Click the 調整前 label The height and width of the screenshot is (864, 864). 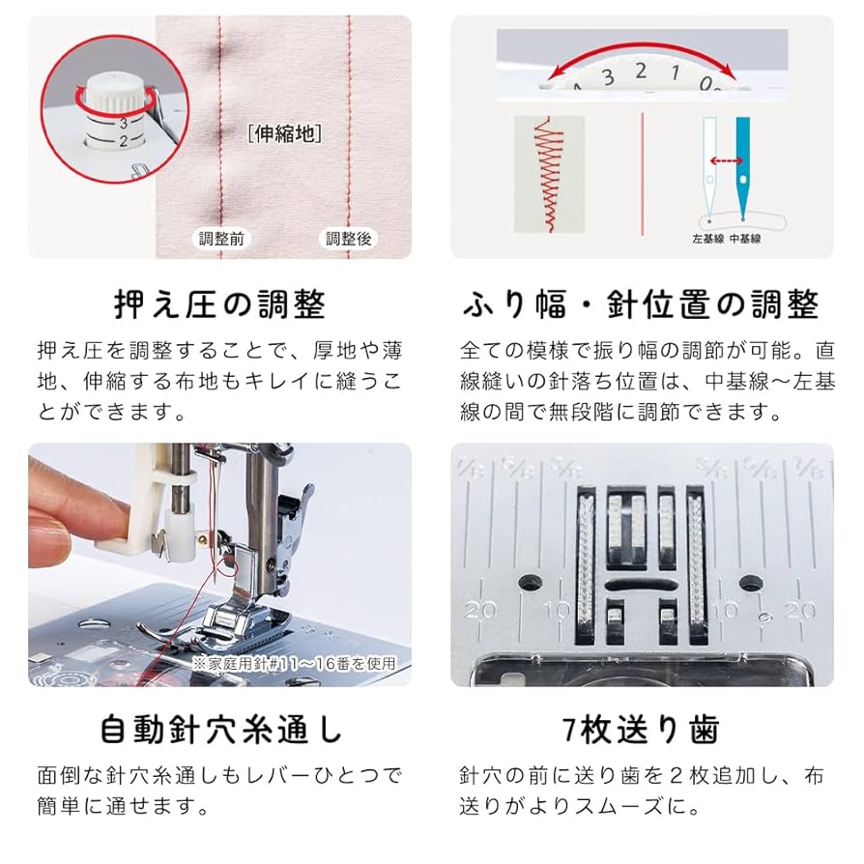pyautogui.click(x=221, y=239)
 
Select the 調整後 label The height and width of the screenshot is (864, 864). pyautogui.click(x=348, y=239)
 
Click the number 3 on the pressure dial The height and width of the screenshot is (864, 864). pyautogui.click(x=124, y=123)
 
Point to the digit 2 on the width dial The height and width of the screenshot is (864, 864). pyautogui.click(x=641, y=70)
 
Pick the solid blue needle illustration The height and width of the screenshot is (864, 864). pyautogui.click(x=743, y=164)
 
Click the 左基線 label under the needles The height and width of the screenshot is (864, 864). pyautogui.click(x=708, y=239)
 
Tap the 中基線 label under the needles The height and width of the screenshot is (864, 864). pyautogui.click(x=744, y=239)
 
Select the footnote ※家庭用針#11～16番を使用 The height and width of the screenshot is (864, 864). pyautogui.click(x=293, y=663)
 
